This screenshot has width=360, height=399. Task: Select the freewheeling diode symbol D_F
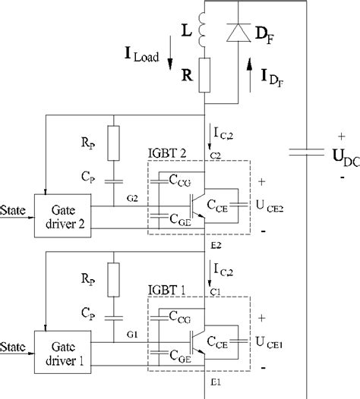pos(241,33)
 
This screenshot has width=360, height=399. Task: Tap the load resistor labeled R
pos(203,76)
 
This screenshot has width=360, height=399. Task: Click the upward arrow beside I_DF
pos(252,77)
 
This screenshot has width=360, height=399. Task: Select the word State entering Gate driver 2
pos(13,207)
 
